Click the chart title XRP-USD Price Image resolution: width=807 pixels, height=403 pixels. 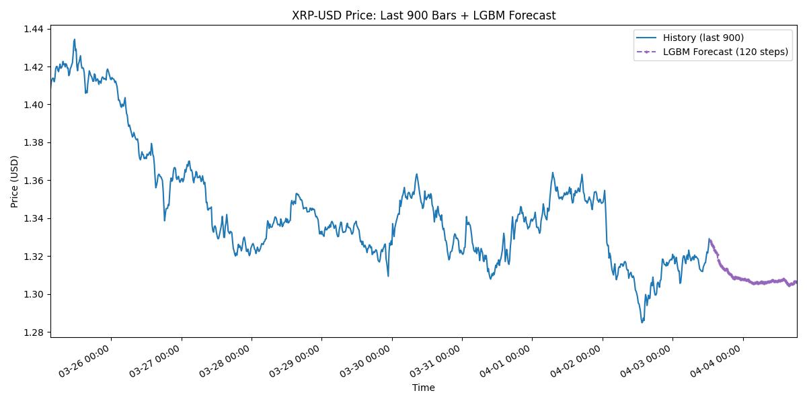pyautogui.click(x=424, y=15)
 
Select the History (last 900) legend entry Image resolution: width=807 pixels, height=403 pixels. pyautogui.click(x=703, y=38)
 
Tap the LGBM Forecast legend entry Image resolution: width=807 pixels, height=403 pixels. pyautogui.click(x=725, y=52)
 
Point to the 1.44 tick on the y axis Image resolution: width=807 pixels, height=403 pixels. pyautogui.click(x=34, y=29)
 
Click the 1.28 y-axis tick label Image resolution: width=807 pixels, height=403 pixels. pyautogui.click(x=34, y=332)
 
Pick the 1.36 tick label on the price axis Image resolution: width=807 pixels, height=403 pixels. pyautogui.click(x=34, y=181)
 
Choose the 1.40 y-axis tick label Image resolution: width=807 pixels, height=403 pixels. pyautogui.click(x=34, y=105)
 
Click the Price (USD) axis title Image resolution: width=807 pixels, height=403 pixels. pyautogui.click(x=15, y=181)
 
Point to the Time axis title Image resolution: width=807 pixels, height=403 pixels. pyautogui.click(x=424, y=388)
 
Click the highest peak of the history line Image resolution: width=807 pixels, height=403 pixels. pyautogui.click(x=75, y=39)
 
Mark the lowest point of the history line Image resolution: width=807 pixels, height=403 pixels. pyautogui.click(x=642, y=322)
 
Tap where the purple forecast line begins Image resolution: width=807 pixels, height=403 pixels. pyautogui.click(x=709, y=239)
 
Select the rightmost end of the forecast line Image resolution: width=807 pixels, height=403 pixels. pyautogui.click(x=797, y=281)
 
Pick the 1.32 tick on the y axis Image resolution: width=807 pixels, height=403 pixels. pyautogui.click(x=34, y=257)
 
